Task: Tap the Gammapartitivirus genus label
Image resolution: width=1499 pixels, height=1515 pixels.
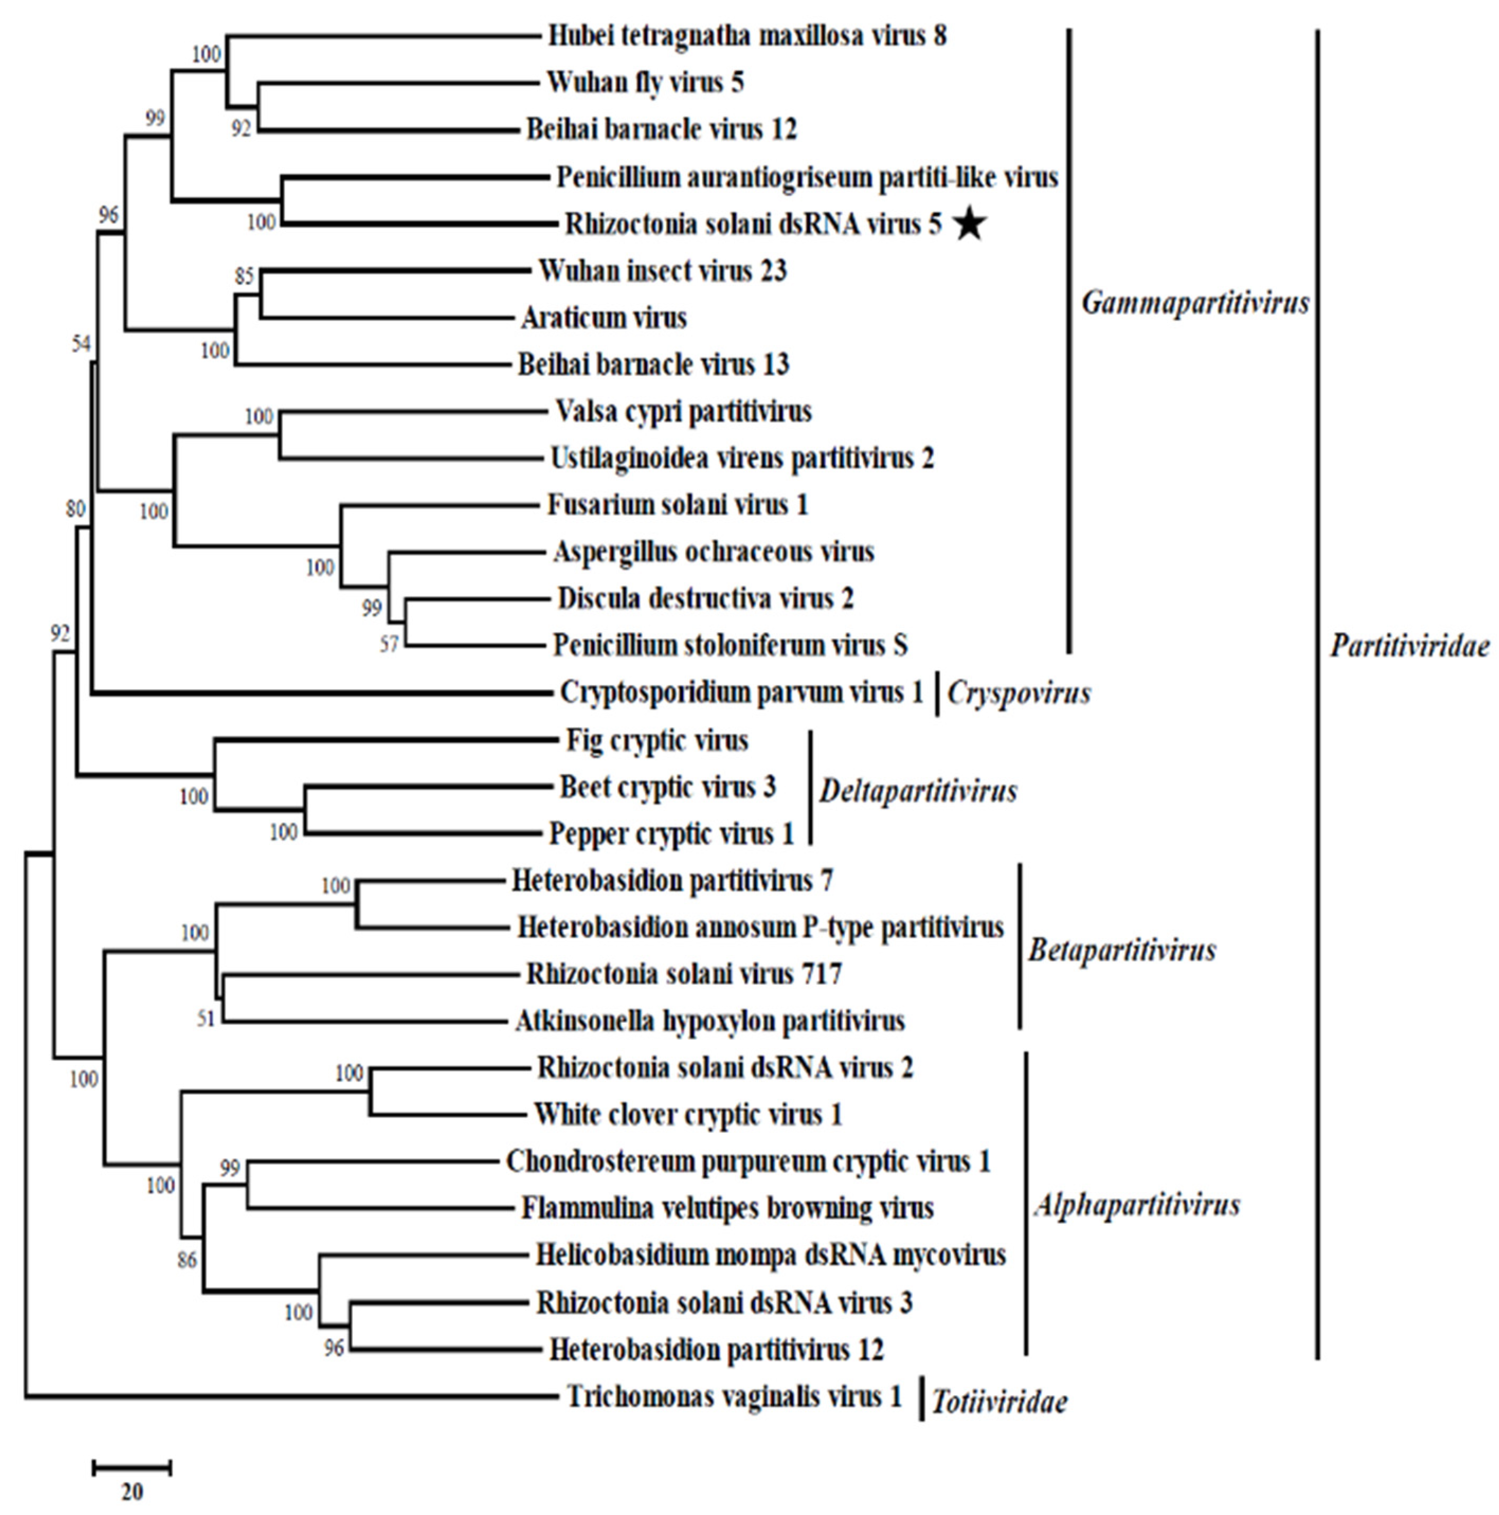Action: [1195, 303]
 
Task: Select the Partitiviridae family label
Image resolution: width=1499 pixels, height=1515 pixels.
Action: [1410, 646]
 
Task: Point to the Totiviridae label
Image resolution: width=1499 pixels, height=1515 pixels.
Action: [999, 1402]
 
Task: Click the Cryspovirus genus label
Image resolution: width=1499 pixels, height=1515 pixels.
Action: [1019, 693]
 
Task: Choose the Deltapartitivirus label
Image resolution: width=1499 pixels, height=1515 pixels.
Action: [918, 791]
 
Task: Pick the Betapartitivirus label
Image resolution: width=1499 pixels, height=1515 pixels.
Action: [1122, 950]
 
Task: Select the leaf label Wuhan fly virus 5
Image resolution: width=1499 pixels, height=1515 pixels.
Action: [645, 83]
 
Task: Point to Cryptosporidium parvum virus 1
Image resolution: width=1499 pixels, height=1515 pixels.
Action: [741, 693]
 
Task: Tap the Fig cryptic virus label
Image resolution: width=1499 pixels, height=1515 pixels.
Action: [656, 740]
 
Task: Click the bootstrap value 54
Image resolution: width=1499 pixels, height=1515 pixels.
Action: [82, 343]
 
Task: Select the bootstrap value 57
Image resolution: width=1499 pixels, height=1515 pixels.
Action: [389, 645]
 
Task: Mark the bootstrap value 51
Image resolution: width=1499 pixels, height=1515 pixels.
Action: [205, 1019]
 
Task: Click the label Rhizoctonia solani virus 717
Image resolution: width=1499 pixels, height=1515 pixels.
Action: [683, 974]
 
